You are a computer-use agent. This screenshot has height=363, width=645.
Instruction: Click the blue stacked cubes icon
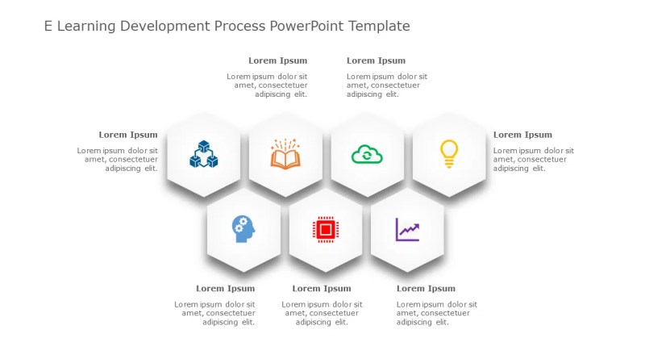(x=204, y=154)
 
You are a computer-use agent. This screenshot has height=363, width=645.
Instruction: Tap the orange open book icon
(x=285, y=154)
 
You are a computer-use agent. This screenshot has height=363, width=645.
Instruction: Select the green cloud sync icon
(x=367, y=154)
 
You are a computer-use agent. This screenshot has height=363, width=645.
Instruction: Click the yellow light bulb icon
(x=448, y=153)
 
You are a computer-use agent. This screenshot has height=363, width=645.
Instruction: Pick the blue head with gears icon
(x=243, y=229)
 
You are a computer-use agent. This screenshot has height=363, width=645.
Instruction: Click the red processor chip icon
(x=325, y=230)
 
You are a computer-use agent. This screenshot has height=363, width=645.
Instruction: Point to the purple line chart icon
(x=407, y=230)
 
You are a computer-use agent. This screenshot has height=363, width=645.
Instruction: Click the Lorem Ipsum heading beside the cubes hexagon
(x=128, y=135)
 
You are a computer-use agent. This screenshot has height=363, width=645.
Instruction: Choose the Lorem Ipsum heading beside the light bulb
(x=522, y=135)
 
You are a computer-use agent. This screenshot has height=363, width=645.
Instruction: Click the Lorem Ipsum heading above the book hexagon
(x=277, y=60)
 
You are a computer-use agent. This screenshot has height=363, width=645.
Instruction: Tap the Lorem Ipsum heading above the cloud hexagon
(x=376, y=60)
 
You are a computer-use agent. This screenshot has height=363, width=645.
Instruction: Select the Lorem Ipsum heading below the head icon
(x=225, y=288)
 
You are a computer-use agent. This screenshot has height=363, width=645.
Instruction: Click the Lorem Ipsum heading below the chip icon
(x=321, y=288)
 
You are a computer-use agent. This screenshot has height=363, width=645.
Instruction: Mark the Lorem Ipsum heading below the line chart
(x=426, y=288)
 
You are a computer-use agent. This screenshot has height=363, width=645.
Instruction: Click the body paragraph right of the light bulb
(x=533, y=159)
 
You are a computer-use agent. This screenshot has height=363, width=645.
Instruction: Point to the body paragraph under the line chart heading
(x=436, y=313)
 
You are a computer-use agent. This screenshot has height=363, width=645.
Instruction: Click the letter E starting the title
(x=48, y=27)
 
